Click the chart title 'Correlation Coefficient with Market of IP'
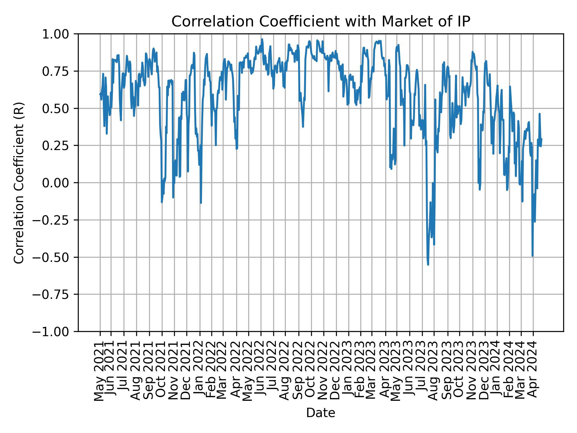coord(321,22)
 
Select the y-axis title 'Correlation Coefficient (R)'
coord(19,183)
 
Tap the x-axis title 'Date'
coord(321,413)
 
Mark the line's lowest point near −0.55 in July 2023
coord(428,265)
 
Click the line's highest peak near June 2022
coord(262,39)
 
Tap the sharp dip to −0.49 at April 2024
coord(533,256)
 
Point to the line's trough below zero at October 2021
coord(162,202)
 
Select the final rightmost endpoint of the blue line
coord(542,139)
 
